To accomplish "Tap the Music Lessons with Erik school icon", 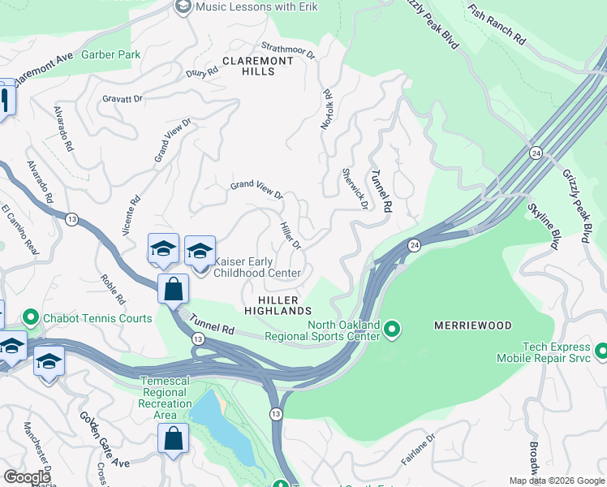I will tap(183, 7).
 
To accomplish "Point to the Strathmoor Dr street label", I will tap(287, 50).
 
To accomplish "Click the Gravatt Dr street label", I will tap(123, 99).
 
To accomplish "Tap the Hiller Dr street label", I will tap(291, 235).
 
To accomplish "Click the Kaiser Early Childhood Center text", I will tap(257, 267).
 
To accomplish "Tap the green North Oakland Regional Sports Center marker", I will tap(392, 330).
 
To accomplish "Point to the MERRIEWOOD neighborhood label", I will tap(473, 325).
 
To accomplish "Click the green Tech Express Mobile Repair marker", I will tap(601, 351).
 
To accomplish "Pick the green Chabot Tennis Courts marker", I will tap(32, 316).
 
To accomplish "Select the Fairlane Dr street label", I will tap(418, 449).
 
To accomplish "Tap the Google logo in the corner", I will tap(28, 476).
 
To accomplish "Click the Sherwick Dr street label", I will tap(355, 188).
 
